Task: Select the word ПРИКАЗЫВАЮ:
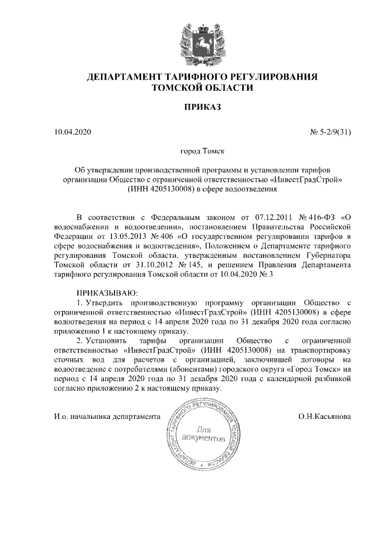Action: pos(107,293)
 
